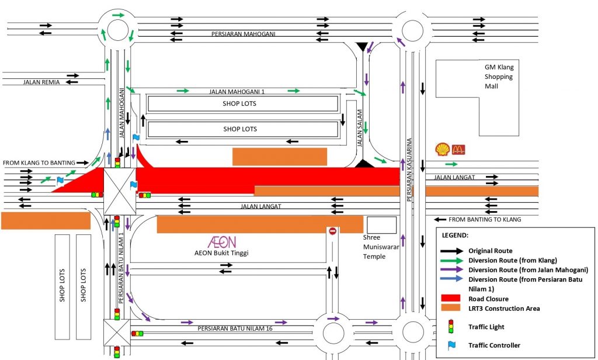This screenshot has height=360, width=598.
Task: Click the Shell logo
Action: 441,150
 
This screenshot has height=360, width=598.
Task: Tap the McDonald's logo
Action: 458,150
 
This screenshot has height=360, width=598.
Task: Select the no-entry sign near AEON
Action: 333,231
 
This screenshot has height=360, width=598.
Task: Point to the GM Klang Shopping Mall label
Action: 499,77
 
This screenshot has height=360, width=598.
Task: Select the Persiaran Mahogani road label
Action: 244,34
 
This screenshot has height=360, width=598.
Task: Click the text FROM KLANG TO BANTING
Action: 39,162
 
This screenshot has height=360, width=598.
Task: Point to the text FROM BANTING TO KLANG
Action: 485,220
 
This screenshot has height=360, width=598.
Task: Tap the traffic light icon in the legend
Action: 450,326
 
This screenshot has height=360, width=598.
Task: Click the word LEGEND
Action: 456,236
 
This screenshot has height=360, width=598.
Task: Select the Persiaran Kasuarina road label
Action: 410,169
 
